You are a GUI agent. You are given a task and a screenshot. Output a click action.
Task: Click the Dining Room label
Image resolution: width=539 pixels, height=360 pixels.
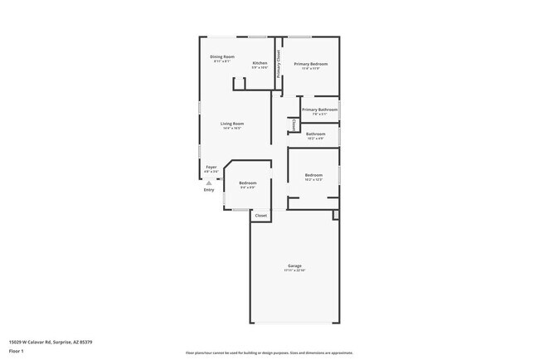pos(222,56)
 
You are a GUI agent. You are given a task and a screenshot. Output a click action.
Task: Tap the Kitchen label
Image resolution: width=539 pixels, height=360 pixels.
pos(260,63)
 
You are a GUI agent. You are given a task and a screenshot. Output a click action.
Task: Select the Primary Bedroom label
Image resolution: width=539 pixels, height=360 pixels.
pos(311,64)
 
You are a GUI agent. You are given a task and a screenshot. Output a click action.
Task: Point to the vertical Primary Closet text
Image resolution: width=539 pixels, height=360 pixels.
pos(279,63)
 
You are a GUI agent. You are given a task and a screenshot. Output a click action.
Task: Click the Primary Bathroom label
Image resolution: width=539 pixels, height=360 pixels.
pos(319,109)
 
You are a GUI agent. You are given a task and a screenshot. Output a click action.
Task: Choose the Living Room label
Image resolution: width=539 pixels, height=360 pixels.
pos(232,124)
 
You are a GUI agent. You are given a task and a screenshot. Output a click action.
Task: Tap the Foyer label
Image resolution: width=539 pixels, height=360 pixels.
pos(211,167)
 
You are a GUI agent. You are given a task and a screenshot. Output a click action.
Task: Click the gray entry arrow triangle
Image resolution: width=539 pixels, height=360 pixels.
pos(209,182)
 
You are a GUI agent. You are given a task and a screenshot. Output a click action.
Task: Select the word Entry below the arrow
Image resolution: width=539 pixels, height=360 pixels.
pos(209,190)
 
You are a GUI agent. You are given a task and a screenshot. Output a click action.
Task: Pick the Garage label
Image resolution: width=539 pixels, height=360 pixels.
pos(294,266)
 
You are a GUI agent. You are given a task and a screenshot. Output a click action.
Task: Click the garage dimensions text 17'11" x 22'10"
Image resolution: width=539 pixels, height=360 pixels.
pos(294,271)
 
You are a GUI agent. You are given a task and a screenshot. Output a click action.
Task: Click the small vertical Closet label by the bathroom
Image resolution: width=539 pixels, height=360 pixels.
pos(294,124)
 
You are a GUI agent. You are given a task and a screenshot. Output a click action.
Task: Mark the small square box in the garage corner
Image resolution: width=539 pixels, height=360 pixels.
pos(336,215)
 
